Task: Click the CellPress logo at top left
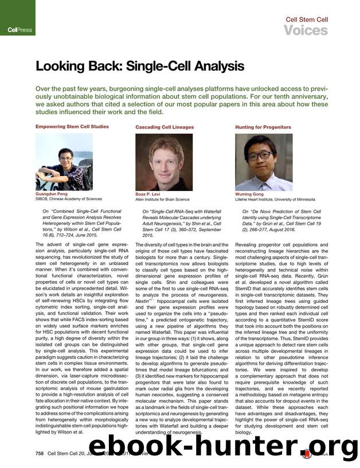point(19,29)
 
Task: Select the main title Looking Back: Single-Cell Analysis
point(139,66)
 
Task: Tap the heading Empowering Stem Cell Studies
point(72,126)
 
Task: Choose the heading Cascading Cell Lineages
point(165,127)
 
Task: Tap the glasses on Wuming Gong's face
point(263,155)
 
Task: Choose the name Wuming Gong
point(249,194)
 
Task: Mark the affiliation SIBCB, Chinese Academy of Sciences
point(69,199)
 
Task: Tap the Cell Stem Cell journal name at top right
point(307,19)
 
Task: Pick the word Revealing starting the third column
point(248,244)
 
